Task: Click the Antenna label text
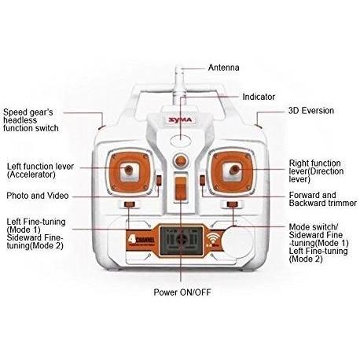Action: click(223, 68)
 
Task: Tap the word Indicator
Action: click(259, 97)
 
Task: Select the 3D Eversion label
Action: click(311, 111)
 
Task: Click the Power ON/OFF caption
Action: click(182, 292)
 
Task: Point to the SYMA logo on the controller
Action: click(180, 120)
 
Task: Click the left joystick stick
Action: click(128, 169)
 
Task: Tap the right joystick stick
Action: click(234, 170)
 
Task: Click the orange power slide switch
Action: click(180, 189)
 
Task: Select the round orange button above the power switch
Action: click(181, 160)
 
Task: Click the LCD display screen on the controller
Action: click(182, 241)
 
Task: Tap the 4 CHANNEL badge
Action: click(141, 241)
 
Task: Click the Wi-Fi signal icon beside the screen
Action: click(212, 239)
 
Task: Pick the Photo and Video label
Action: click(38, 196)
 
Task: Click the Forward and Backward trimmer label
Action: click(323, 199)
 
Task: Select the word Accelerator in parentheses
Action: click(31, 174)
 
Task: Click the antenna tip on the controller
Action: click(179, 67)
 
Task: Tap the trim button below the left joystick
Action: click(130, 204)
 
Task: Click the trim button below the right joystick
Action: click(232, 204)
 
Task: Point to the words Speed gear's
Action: click(28, 112)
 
